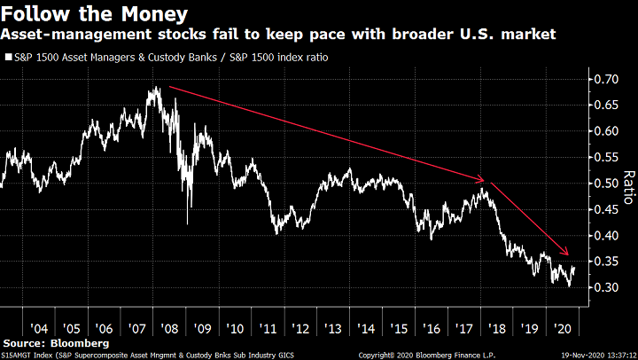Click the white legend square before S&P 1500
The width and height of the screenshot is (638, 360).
8,58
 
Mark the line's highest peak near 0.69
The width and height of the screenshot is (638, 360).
157,86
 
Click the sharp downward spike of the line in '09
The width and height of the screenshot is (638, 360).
187,223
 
